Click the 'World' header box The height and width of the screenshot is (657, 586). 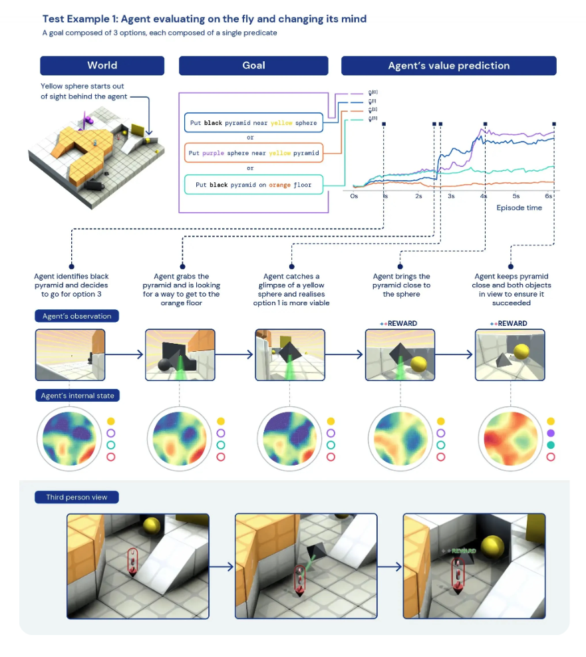(102, 65)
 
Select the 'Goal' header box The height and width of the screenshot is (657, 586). (253, 65)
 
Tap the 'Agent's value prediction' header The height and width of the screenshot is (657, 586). (448, 65)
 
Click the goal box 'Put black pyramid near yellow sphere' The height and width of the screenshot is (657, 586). (253, 123)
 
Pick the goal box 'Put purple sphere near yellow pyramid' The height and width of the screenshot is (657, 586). (253, 153)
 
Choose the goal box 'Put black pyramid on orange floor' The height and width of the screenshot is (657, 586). (253, 184)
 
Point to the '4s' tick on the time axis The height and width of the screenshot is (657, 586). (484, 197)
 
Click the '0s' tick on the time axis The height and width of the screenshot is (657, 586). (354, 197)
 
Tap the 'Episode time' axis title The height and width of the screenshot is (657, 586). (519, 207)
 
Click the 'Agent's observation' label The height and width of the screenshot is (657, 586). (77, 317)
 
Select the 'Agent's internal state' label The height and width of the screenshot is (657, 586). (78, 396)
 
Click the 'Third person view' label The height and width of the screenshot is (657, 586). (77, 497)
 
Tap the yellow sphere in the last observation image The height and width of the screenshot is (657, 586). (520, 352)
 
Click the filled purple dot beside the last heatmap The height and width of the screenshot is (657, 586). (551, 433)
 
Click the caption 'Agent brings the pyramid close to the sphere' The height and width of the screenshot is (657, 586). (400, 285)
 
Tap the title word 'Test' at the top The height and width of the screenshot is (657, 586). (54, 19)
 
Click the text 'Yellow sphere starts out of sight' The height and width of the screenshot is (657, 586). (82, 91)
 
